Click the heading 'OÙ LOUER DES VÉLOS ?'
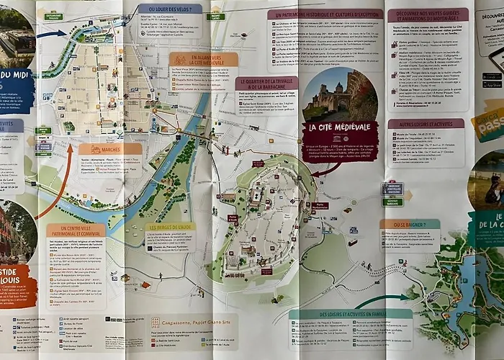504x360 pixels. (170, 9)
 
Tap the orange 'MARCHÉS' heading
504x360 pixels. (110, 149)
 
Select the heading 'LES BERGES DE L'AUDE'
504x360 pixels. (171, 228)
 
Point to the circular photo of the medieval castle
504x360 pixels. (340, 94)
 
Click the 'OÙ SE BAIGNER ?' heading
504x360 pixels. (410, 224)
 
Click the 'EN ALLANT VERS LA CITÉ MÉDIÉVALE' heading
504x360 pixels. (204, 60)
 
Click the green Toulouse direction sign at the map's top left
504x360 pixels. (53, 15)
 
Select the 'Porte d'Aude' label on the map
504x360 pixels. (233, 217)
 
